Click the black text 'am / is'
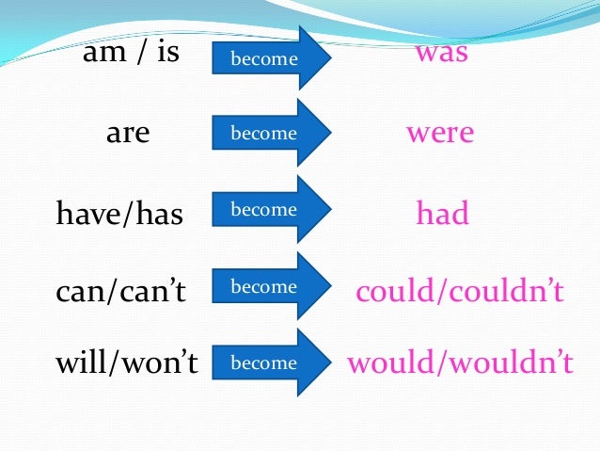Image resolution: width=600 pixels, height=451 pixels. coord(131,53)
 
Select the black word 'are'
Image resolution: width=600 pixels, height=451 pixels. coord(128,134)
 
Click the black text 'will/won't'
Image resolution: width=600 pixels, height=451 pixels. coord(127,362)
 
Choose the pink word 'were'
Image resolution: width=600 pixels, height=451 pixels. coord(440,133)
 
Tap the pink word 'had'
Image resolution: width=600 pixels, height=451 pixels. coord(442,214)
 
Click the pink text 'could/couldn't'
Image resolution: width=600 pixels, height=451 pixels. coord(460,291)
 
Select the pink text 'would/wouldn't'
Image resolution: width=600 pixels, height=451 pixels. coord(460,362)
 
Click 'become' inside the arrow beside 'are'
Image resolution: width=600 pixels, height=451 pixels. coord(263,134)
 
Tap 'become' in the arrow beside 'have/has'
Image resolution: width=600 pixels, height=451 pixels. coord(263,210)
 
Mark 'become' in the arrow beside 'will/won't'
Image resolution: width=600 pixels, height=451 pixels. coord(263,362)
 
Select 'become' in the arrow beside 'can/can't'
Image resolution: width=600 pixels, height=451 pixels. coord(263,286)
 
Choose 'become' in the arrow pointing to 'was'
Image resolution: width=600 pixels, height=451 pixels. coord(263,59)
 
